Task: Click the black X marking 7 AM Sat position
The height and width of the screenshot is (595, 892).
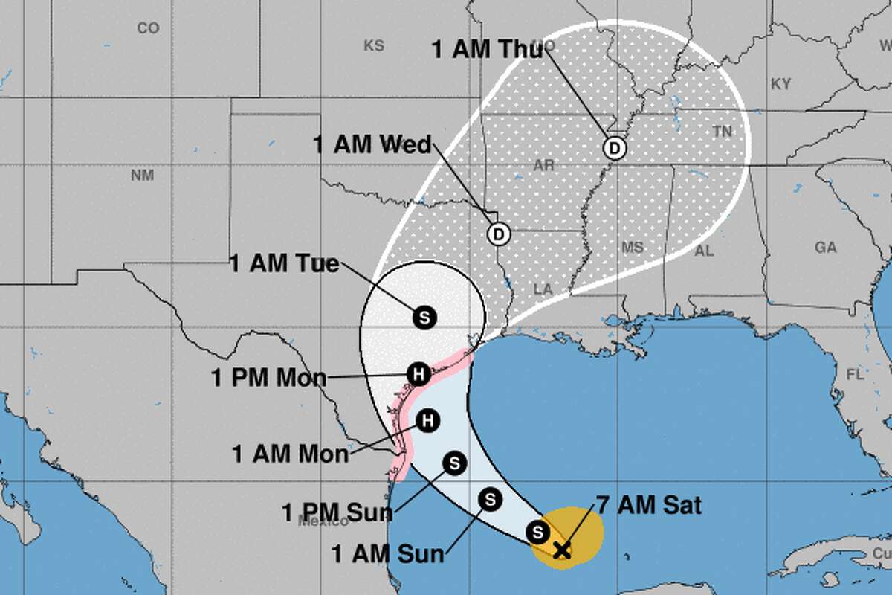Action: pos(562,550)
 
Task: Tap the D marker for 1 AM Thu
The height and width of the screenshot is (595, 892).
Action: pos(614,148)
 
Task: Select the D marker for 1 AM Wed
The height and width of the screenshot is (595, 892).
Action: pos(499,234)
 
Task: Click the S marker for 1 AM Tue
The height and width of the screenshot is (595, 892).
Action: pos(424,318)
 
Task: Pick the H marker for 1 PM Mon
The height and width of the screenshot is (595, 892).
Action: pos(418,374)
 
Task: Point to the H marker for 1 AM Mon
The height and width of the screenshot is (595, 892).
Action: pos(427,421)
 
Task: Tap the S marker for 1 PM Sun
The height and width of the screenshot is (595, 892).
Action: pos(453,464)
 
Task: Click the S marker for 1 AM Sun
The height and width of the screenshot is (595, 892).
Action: pos(489,499)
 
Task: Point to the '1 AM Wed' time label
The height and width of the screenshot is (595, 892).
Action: pos(372,144)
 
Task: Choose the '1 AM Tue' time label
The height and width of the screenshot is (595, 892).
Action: pos(284,264)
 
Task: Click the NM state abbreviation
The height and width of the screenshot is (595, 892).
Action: pos(142,176)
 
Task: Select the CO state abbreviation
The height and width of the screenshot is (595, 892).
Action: pos(148,28)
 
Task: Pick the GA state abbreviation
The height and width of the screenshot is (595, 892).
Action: pos(825,248)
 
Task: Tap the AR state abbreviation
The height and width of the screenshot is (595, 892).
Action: pos(544,165)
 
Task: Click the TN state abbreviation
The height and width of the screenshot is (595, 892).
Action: pos(723,132)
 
